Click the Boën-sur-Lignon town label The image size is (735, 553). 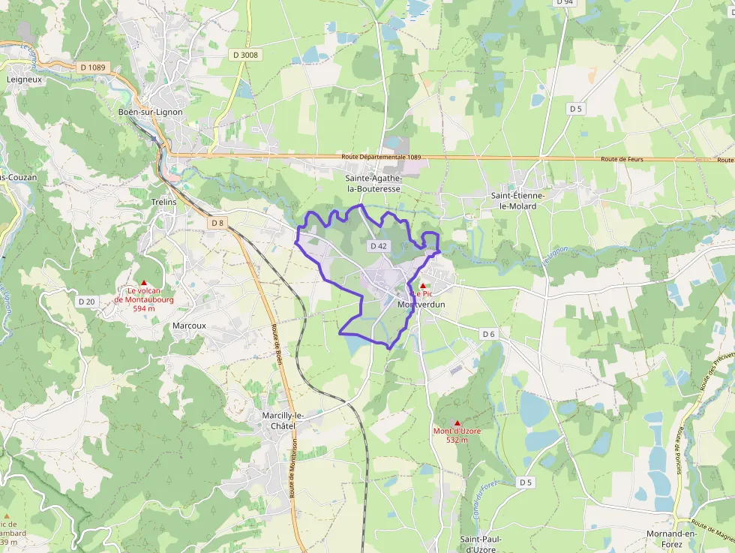point(151,112)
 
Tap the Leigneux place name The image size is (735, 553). point(25,78)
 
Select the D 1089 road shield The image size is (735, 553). point(92,68)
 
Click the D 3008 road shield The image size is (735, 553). point(245,55)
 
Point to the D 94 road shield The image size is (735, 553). point(565,2)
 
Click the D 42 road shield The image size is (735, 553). point(378,246)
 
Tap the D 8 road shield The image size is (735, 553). point(217,223)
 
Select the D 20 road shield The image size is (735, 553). point(87,301)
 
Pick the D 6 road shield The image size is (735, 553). point(489,334)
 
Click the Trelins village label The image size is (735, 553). point(163,202)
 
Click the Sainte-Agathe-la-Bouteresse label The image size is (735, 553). point(373,184)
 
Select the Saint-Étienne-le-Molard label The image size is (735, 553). point(518,200)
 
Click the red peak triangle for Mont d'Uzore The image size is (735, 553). point(457,423)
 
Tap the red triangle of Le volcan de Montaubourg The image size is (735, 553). point(144,283)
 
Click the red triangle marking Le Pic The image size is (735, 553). point(423,286)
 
